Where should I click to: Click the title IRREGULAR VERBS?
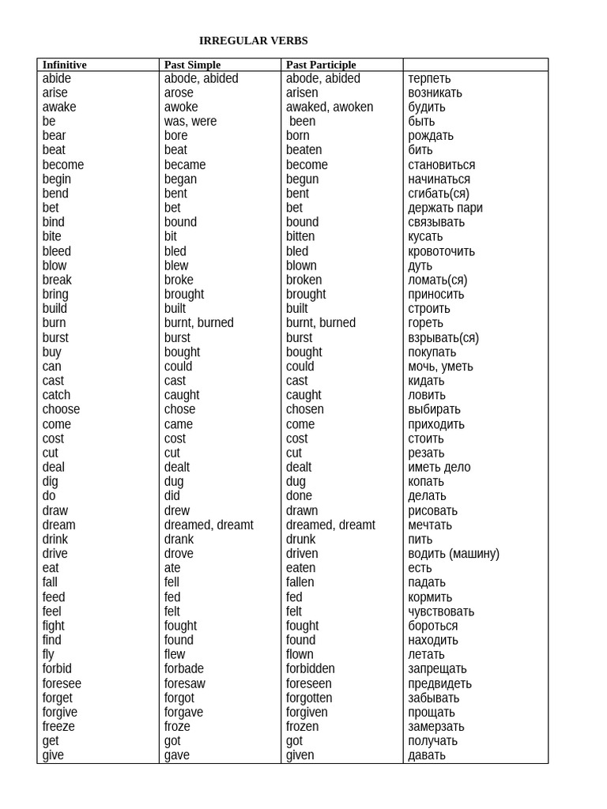click(x=253, y=41)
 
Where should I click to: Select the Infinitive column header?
click(x=64, y=65)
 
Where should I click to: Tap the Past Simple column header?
click(x=192, y=65)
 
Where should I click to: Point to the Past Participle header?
click(x=321, y=65)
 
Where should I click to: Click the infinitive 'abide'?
click(x=57, y=79)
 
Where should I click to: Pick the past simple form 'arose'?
click(x=179, y=93)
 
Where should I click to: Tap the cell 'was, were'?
click(x=190, y=122)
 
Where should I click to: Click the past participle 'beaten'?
click(x=304, y=150)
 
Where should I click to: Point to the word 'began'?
click(x=181, y=179)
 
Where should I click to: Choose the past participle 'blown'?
click(x=301, y=265)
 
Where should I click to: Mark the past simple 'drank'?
click(x=179, y=540)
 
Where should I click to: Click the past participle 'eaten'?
click(x=300, y=568)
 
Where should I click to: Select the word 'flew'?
click(x=175, y=654)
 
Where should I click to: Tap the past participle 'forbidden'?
click(x=311, y=669)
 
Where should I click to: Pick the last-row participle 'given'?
click(x=300, y=755)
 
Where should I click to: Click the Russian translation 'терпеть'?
click(x=429, y=79)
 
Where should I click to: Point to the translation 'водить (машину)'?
click(x=454, y=554)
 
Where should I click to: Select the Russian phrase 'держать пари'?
click(x=445, y=209)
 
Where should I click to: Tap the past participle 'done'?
click(x=299, y=496)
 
